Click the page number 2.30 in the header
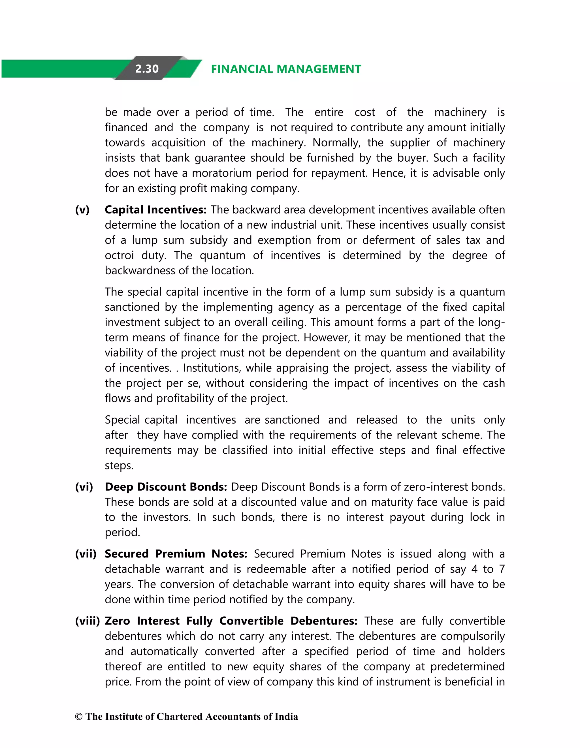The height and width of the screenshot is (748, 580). pyautogui.click(x=147, y=69)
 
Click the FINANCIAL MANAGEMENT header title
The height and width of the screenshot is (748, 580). pyautogui.click(x=286, y=69)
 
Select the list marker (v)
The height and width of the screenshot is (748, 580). pyautogui.click(x=82, y=210)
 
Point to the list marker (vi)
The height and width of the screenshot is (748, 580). pyautogui.click(x=84, y=487)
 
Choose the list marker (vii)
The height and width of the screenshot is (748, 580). pyautogui.click(x=86, y=554)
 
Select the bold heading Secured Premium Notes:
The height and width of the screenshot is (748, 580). pyautogui.click(x=176, y=554)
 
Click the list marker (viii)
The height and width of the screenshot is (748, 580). pyautogui.click(x=87, y=621)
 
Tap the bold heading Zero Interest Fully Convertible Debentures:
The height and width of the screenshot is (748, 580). pyautogui.click(x=231, y=621)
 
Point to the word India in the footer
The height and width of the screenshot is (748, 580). pyautogui.click(x=286, y=717)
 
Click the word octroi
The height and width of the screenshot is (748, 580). pyautogui.click(x=119, y=255)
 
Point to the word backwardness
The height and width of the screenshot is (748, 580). pyautogui.click(x=141, y=271)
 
